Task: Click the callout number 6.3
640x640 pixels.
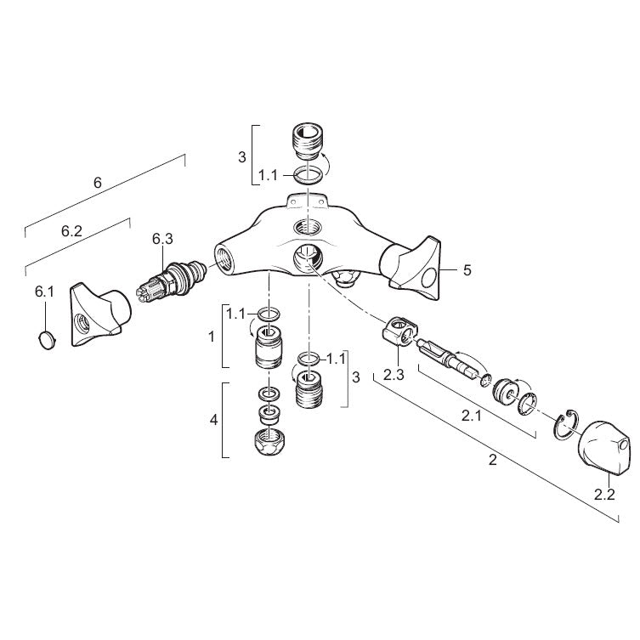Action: click(162, 239)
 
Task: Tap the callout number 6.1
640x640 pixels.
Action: click(44, 292)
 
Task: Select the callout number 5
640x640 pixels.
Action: click(467, 270)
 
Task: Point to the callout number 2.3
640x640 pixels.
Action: click(394, 375)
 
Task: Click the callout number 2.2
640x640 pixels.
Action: click(604, 495)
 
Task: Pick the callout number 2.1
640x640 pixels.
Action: click(472, 416)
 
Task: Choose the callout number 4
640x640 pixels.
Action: click(214, 420)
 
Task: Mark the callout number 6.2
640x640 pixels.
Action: click(72, 231)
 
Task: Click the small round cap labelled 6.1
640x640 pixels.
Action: click(47, 341)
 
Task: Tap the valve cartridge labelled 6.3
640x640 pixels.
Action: click(171, 280)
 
